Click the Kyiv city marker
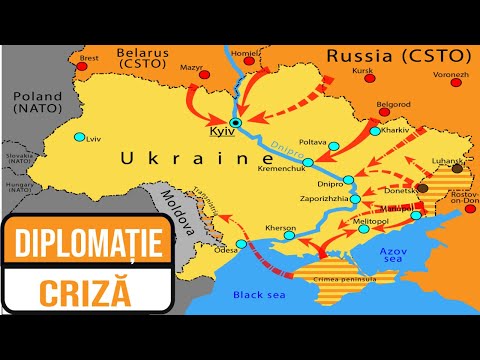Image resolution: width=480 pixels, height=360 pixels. [236, 123]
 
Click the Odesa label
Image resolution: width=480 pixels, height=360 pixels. [226, 251]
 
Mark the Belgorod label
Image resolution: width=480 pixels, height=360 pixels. [391, 103]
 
